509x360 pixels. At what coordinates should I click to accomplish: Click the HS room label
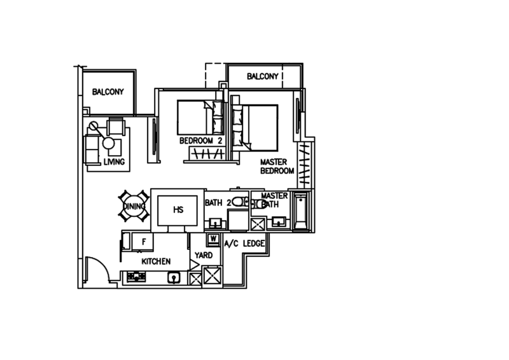[x=178, y=210]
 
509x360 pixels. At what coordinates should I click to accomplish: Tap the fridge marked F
[x=143, y=242]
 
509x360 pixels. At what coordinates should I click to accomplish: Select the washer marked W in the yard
[x=213, y=239]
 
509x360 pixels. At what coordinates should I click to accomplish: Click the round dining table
[x=134, y=206]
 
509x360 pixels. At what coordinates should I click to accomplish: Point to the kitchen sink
[x=174, y=277]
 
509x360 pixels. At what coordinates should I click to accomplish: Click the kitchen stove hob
[x=136, y=277]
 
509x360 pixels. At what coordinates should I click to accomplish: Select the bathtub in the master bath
[x=300, y=211]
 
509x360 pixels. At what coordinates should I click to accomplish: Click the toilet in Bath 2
[x=240, y=202]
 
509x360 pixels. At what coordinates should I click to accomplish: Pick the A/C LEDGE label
[x=244, y=244]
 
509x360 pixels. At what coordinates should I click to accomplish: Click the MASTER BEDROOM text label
[x=277, y=166]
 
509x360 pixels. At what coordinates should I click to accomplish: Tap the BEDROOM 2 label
[x=201, y=141]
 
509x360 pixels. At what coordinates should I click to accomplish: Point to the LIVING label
[x=115, y=162]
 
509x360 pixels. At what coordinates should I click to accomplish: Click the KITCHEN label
[x=156, y=261]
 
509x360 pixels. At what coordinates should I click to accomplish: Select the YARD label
[x=204, y=255]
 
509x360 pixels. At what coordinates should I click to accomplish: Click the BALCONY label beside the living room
[x=108, y=92]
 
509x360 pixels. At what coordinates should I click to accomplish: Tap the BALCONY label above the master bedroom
[x=263, y=76]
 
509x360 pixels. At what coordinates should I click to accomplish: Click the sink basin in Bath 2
[x=214, y=223]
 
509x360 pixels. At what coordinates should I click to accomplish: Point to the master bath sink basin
[x=279, y=222]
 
